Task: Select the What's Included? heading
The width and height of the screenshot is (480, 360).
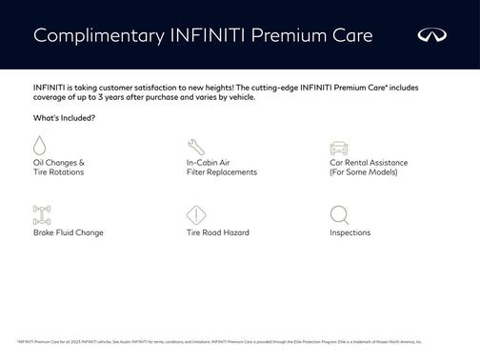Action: [x=64, y=118]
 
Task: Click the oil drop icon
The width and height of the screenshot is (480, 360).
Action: [x=40, y=146]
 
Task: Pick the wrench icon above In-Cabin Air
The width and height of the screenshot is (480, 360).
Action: [x=195, y=147]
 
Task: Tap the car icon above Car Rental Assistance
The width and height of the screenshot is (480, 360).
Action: [x=338, y=147]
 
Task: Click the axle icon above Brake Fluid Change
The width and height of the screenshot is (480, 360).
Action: [x=41, y=214]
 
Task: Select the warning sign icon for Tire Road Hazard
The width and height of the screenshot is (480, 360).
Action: [x=195, y=214]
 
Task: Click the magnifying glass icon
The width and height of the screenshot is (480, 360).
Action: [x=339, y=214]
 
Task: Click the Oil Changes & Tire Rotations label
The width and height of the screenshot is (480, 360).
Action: [x=59, y=168]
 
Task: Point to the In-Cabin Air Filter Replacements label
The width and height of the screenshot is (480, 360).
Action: [x=221, y=168]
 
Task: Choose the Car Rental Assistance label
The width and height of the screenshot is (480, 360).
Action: [x=369, y=163]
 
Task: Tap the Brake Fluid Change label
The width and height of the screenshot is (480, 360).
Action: [x=68, y=232]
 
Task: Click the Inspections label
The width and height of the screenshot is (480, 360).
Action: [x=350, y=232]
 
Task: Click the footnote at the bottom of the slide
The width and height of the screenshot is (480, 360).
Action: [x=219, y=340]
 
